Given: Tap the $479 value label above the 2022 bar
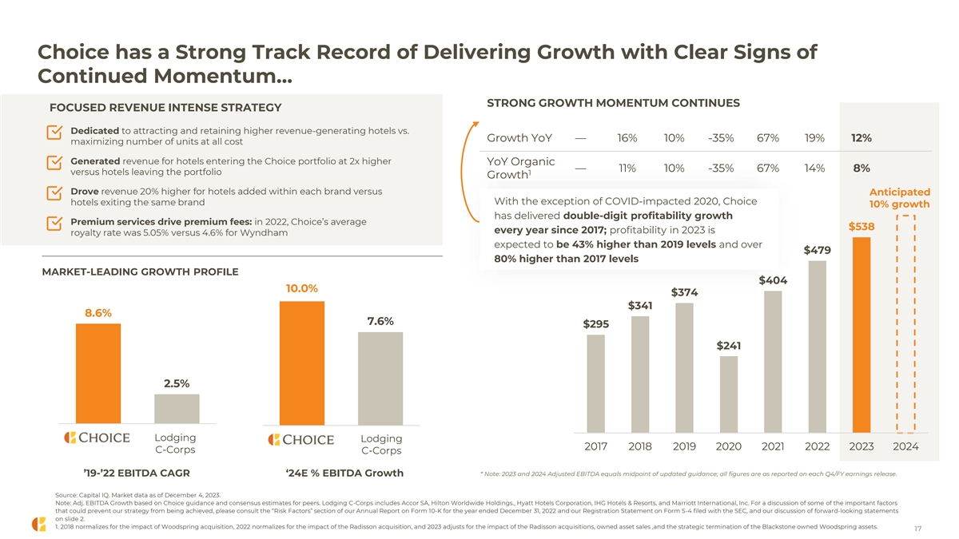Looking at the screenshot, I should click(x=817, y=251).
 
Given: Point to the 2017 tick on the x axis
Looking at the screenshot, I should click(x=595, y=446).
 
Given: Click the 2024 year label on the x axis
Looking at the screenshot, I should click(x=905, y=446).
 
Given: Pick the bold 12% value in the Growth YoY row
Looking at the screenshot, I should click(x=862, y=138).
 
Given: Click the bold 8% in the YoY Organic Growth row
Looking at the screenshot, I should click(x=862, y=168).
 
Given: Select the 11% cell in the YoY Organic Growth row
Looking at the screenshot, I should click(x=627, y=168).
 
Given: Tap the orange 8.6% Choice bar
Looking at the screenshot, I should click(x=97, y=372).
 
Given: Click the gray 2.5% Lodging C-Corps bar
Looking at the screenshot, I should click(x=177, y=408).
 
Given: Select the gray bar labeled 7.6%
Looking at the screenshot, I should click(x=380, y=377).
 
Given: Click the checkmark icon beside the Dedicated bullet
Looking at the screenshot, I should click(x=57, y=133).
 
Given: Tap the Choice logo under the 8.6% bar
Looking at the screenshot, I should click(x=97, y=438).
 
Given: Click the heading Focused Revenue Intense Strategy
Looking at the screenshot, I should click(x=165, y=108).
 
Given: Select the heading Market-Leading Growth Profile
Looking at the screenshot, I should click(x=140, y=272).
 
